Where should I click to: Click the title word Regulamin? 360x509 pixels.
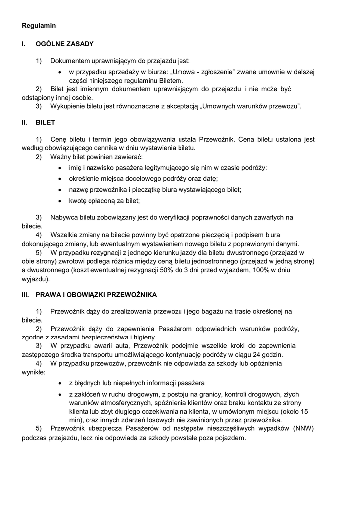click(x=39, y=25)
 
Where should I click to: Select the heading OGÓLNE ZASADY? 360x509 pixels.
click(x=65, y=44)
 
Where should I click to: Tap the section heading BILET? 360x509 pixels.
click(x=45, y=122)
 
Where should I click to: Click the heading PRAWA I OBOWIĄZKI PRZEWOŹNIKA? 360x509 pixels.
click(x=96, y=295)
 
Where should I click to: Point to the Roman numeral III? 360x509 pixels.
click(x=26, y=295)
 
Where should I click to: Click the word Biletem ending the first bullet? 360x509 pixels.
click(x=170, y=80)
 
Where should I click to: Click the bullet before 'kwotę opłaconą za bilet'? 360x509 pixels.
click(x=60, y=201)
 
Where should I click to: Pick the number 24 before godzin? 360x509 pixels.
click(x=256, y=355)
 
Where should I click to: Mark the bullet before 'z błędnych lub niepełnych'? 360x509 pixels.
click(x=60, y=383)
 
